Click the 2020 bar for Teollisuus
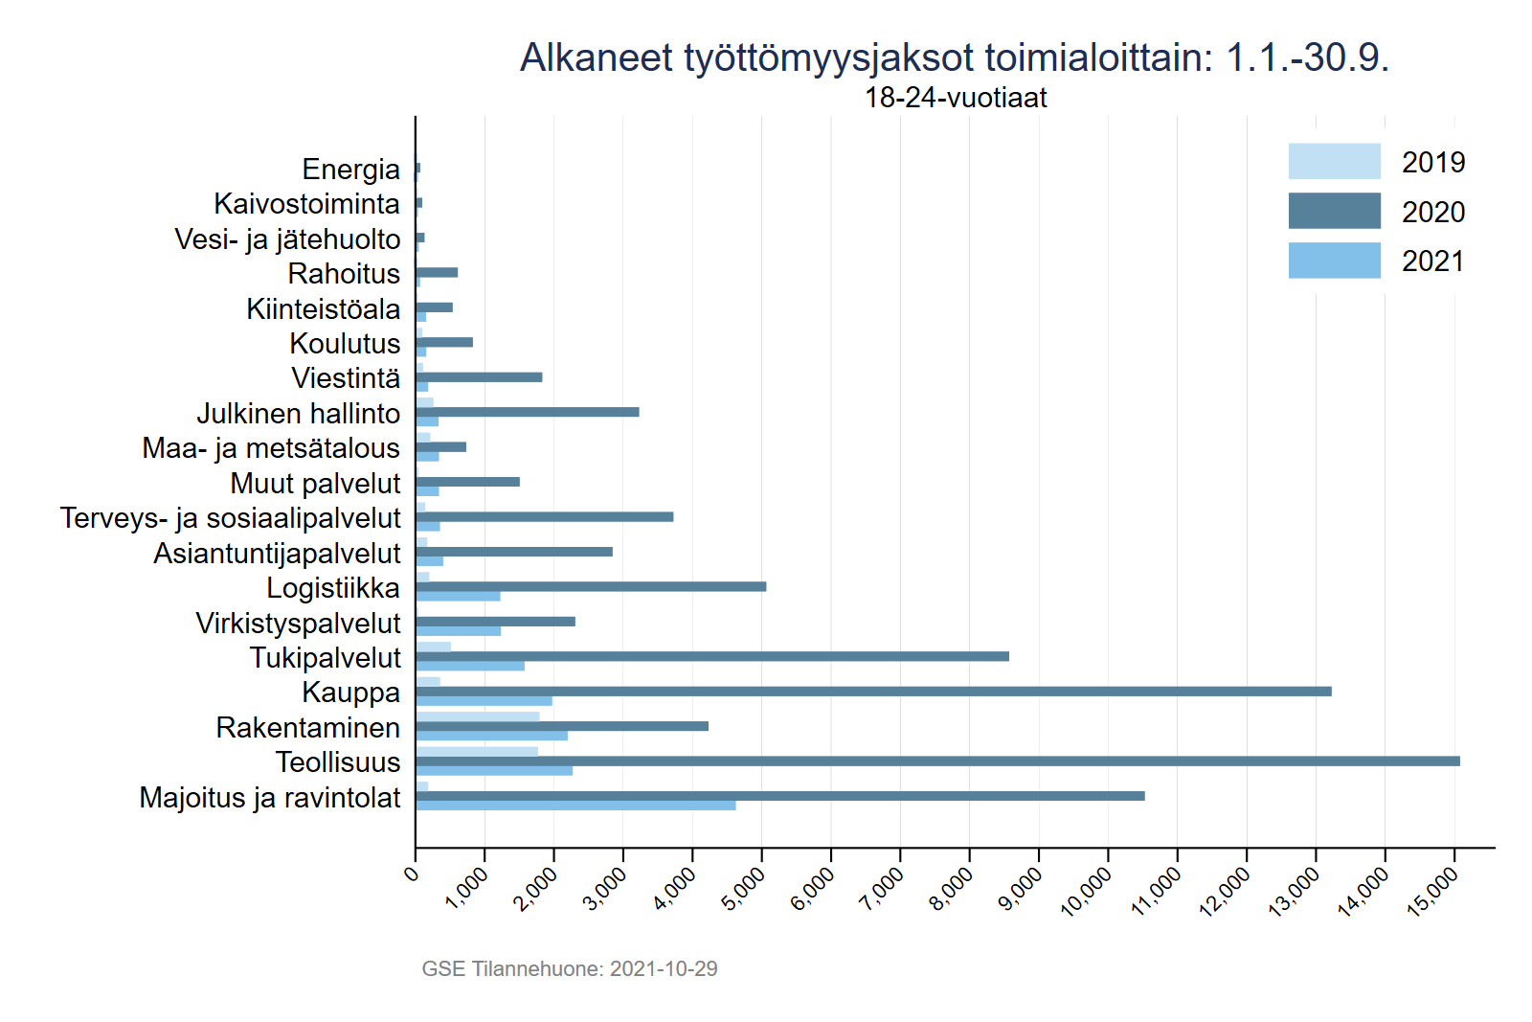938,761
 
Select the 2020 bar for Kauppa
873,692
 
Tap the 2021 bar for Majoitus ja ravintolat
575,806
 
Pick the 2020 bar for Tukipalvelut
712,656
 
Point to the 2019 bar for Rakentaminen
478,716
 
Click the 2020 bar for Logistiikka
591,586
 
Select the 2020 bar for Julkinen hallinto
528,412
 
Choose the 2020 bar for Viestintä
479,377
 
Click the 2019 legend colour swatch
1334,161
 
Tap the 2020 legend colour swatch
1334,211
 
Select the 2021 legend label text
1433,261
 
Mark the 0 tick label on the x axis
412,873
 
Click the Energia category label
350,170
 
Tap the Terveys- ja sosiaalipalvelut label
230,518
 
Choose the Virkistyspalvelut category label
298,624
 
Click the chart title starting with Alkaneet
954,57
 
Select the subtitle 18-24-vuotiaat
956,98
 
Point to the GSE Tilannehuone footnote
570,968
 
